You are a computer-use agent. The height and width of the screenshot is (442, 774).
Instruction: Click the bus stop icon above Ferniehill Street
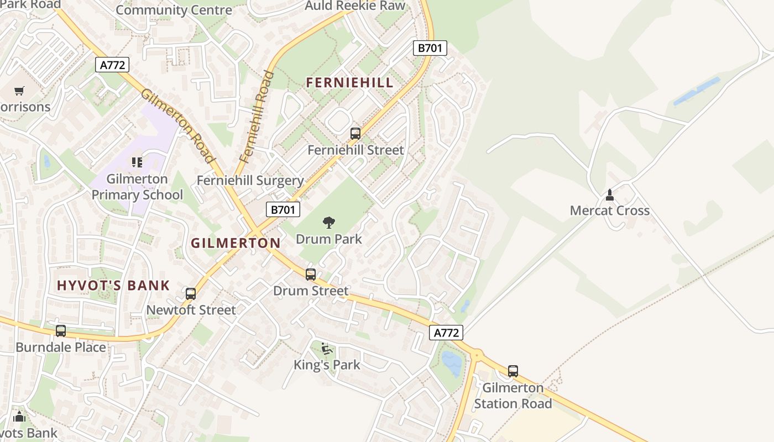[x=355, y=133]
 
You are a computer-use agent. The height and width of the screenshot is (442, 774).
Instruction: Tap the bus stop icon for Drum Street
[x=311, y=275]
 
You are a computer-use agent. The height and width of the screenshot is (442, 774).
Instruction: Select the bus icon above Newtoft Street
[x=191, y=294]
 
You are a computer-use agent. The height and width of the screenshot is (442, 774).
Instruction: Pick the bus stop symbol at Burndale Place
[x=61, y=331]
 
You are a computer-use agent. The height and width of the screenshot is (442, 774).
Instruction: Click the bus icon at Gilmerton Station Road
[x=513, y=371]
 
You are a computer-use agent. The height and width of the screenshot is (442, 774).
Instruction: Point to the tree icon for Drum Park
[x=329, y=223]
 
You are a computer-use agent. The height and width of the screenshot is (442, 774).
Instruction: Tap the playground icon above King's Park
[x=327, y=349]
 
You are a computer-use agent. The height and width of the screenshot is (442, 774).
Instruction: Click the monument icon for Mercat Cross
[x=610, y=194]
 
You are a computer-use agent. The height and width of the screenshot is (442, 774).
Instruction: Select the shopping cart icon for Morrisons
[x=19, y=91]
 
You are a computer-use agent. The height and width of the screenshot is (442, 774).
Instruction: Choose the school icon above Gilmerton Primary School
[x=137, y=162]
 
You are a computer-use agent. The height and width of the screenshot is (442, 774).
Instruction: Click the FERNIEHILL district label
[x=349, y=83]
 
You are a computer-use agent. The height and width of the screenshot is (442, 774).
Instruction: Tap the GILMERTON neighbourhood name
[x=236, y=243]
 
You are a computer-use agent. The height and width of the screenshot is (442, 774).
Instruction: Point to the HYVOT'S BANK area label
[x=113, y=286]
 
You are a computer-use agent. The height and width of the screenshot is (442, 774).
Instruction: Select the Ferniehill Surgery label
[x=250, y=181]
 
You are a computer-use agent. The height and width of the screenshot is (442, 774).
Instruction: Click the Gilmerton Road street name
[x=178, y=125]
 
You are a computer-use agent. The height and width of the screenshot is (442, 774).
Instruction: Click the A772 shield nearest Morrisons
[x=112, y=65]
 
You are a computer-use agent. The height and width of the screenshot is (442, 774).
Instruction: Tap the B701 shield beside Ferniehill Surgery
[x=283, y=209]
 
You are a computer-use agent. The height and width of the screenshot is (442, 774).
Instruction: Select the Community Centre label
[x=174, y=10]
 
